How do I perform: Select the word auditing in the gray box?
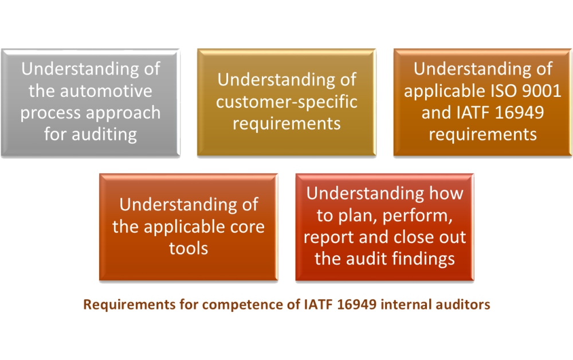104,134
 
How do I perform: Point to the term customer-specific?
286,101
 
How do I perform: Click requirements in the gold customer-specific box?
286,123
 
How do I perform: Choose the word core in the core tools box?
248,226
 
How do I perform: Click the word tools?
189,248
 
